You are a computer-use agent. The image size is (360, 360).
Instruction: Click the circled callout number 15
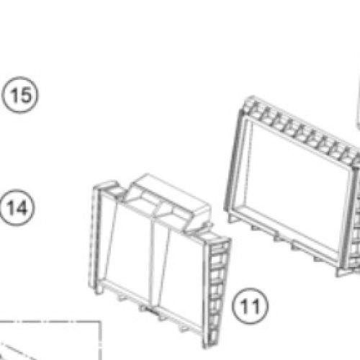pos(19,95)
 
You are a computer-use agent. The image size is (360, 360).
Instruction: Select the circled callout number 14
pos(17,207)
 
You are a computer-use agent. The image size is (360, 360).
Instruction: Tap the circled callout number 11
pos(251,306)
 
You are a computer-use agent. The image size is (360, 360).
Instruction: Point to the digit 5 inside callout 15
pos(25,95)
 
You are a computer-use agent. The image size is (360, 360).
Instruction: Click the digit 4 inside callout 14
pos(21,207)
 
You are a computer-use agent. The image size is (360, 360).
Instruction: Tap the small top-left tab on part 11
pos(108,185)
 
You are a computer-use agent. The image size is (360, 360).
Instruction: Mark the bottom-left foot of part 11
pos(97,289)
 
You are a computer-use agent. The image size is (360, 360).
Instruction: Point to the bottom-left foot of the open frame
pos(232,218)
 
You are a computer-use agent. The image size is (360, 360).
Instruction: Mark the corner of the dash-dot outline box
pos(100,322)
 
